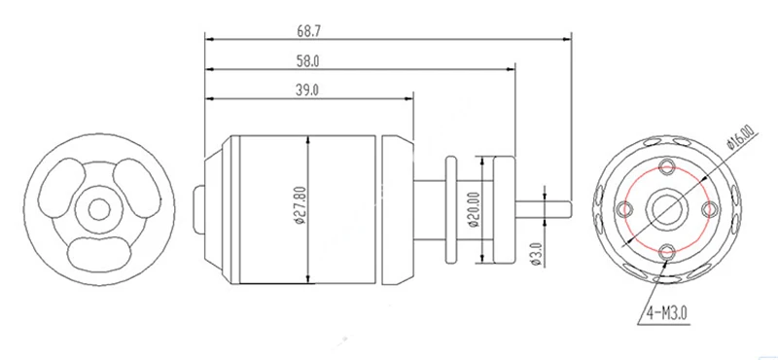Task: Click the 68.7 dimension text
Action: (309, 31)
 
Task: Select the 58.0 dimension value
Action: (308, 61)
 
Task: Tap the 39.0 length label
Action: (308, 90)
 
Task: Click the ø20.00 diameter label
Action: (474, 209)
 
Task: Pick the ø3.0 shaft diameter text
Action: (536, 253)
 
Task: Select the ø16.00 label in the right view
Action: (740, 137)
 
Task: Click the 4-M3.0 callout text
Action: (666, 313)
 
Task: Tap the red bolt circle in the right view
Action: (625, 209)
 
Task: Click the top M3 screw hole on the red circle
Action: (666, 166)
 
